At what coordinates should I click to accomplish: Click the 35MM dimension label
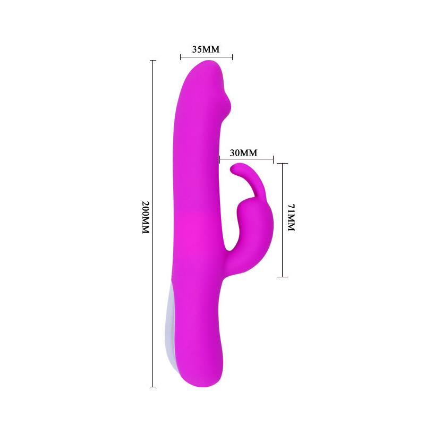[x=206, y=50]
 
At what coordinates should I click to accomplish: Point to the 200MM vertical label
[x=147, y=219]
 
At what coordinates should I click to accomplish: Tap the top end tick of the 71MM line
[x=282, y=164]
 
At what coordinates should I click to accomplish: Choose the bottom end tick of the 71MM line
[x=282, y=277]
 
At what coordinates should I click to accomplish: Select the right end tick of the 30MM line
[x=273, y=159]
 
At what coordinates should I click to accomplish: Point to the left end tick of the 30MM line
[x=220, y=159]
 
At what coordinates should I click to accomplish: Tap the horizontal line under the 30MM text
[x=246, y=159]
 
